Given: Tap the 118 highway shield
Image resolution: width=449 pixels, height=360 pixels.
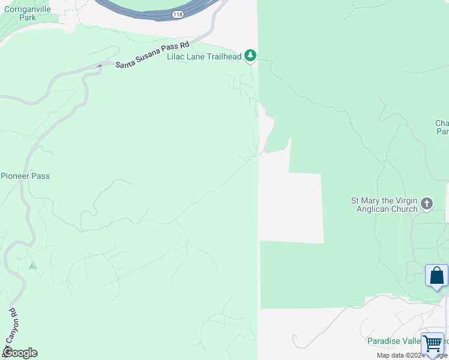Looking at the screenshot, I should pos(177,14).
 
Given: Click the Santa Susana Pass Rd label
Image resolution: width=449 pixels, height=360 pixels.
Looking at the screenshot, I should pos(152,55).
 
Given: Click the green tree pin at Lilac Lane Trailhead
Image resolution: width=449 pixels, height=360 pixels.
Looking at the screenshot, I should pos(250,56).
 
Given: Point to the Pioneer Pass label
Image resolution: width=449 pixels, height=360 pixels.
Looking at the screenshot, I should pos(25,176).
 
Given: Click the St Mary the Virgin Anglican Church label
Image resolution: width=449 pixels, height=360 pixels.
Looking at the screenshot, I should pos(384,205).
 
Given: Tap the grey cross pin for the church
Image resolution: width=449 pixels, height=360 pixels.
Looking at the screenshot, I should pos(427,204).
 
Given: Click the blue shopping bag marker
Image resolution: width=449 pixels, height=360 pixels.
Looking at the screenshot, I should pos(437,276).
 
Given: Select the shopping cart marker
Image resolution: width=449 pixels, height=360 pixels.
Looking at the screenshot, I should pos(432,344).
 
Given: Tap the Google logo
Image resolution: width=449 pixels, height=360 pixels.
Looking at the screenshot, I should pos(20,353).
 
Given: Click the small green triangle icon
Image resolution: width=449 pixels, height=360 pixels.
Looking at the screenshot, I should pos(32,265).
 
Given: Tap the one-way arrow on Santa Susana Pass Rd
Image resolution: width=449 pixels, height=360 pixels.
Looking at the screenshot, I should pos(100,66).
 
